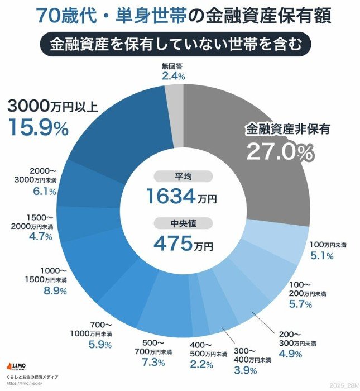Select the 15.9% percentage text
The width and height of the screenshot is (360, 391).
point(38,128)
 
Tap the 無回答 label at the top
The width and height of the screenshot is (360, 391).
point(173,66)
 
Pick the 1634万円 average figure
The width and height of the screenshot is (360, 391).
point(181,196)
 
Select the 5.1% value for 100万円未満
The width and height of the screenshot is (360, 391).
point(321,256)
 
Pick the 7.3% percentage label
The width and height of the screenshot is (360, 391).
point(152,363)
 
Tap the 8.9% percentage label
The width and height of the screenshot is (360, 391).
point(55,291)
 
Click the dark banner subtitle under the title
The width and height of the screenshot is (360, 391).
point(180,44)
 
